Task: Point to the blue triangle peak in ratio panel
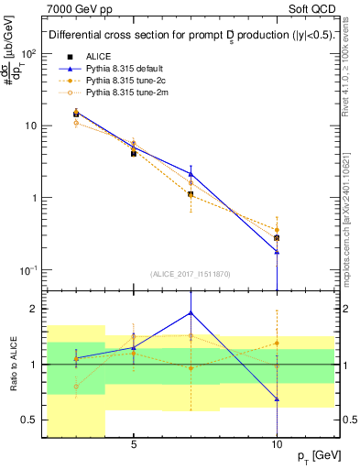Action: coord(191,312)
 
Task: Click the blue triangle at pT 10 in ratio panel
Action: coord(277,399)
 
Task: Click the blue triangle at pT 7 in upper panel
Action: coord(191,173)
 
